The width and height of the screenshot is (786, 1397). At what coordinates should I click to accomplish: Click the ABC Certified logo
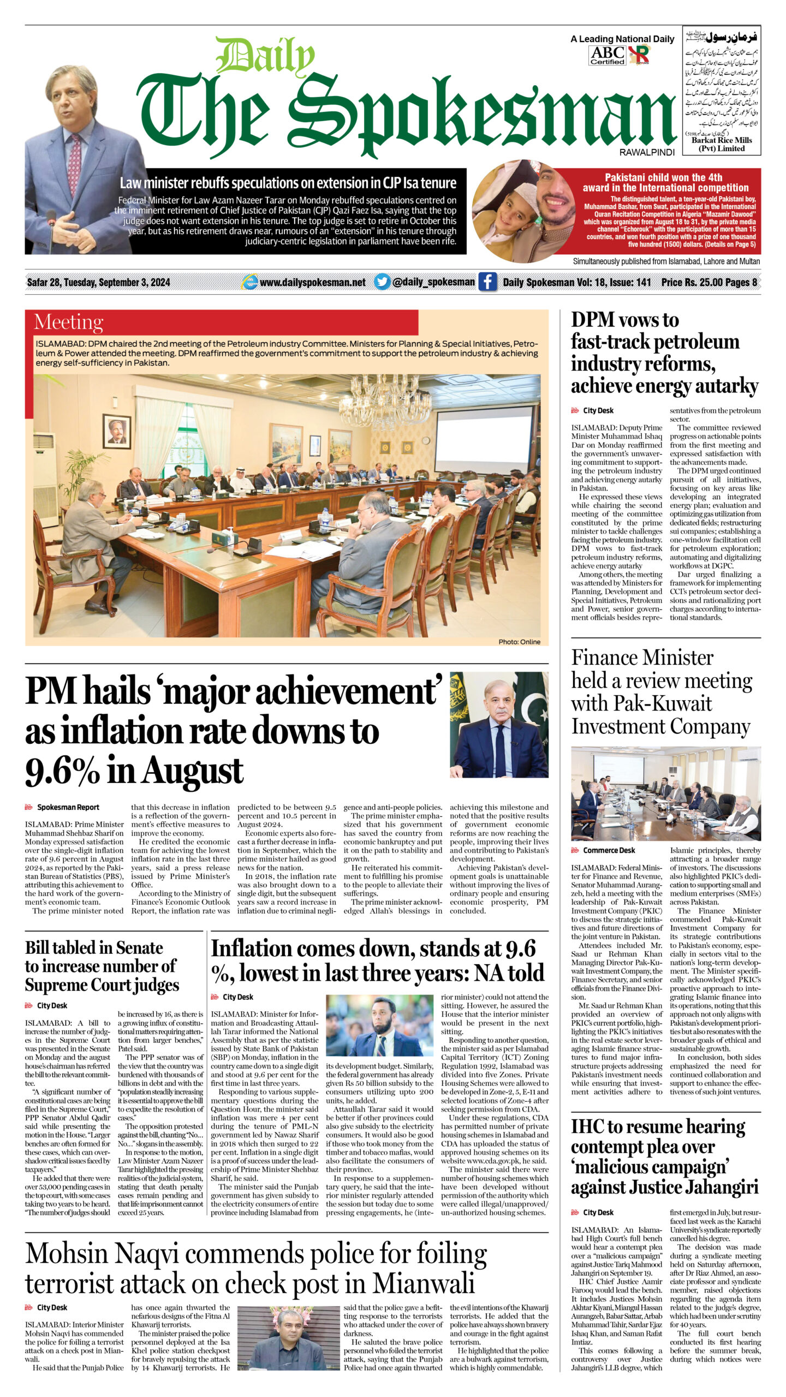607,55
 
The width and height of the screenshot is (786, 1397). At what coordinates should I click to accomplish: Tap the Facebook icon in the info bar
487,282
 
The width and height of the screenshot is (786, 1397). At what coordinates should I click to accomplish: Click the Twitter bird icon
382,282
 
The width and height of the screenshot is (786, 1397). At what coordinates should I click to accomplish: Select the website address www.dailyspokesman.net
312,283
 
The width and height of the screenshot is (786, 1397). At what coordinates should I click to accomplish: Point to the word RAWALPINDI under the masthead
647,152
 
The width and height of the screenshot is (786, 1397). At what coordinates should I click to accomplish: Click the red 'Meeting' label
68,322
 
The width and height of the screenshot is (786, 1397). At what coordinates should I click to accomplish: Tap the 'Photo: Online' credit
519,642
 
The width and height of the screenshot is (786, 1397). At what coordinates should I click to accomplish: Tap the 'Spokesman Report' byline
68,807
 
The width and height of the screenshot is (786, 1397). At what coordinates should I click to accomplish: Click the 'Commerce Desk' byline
609,850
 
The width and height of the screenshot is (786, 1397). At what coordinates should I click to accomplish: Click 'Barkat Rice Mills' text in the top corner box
722,140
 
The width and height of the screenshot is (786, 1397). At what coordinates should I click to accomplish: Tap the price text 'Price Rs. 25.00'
692,282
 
